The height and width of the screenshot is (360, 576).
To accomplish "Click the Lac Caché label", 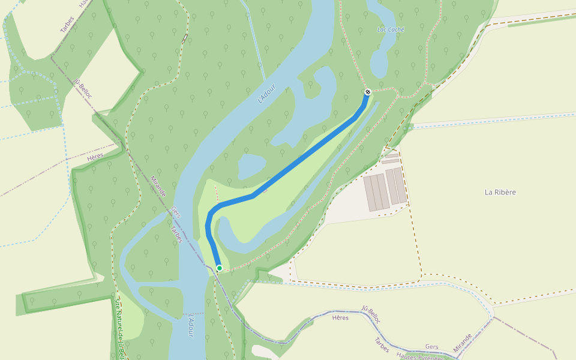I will [391, 29].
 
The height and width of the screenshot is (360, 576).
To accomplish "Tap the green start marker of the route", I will [220, 268].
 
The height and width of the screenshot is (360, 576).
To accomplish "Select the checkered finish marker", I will [367, 92].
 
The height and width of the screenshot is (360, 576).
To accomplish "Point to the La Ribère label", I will [500, 193].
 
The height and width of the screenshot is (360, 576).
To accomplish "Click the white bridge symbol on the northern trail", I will [185, 38].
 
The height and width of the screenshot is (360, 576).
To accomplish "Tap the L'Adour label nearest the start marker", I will [191, 325].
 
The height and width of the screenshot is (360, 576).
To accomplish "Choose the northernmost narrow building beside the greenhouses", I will [391, 155].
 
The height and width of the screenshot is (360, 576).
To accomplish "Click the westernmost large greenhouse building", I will [373, 193].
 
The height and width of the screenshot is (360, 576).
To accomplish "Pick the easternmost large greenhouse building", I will [400, 185].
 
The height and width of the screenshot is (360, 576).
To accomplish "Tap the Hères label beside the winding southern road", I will [340, 317].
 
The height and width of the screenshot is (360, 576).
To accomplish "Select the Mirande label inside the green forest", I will [158, 187].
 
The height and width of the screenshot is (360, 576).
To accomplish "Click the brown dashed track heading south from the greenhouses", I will [414, 240].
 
